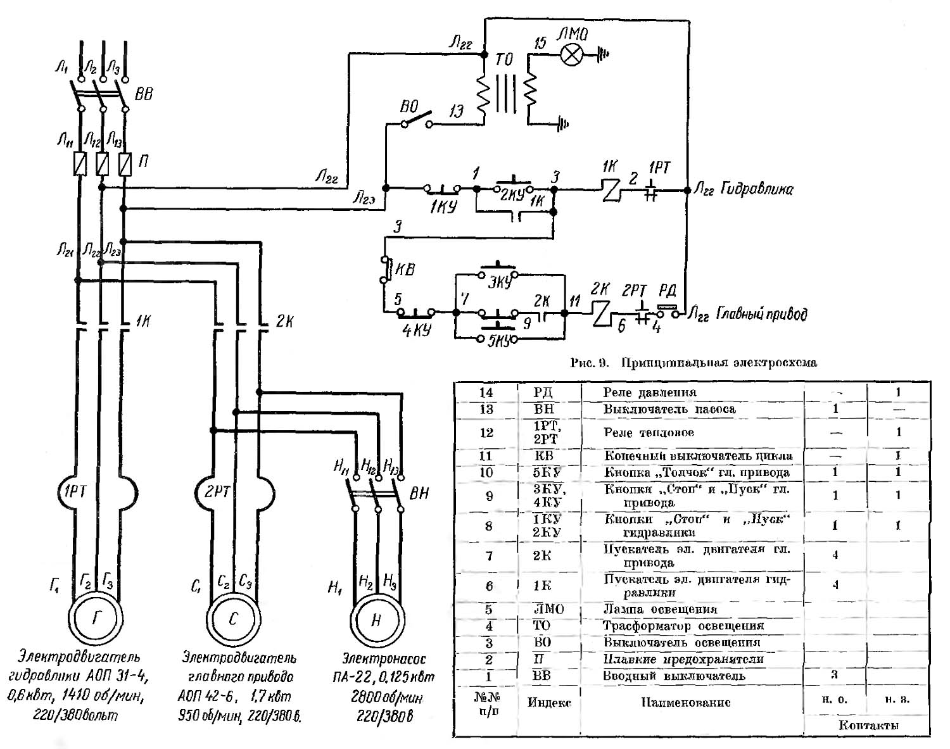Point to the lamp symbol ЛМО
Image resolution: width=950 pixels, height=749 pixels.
tap(573, 56)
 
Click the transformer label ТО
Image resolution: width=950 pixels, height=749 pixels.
tap(504, 61)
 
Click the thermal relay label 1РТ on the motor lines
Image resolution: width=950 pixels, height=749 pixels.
tap(75, 491)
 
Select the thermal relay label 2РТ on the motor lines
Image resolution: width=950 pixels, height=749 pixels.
tap(217, 491)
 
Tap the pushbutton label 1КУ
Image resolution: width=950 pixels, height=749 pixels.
tap(443, 207)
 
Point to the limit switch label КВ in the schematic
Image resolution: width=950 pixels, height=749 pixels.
tap(405, 270)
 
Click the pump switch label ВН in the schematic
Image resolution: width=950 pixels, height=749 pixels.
tap(419, 493)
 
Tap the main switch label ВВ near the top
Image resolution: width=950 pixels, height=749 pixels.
tap(144, 94)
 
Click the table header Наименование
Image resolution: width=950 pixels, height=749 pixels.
tap(686, 702)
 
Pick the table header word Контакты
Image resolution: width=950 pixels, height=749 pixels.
tap(868, 726)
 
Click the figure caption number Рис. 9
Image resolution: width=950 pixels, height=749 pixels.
tap(590, 363)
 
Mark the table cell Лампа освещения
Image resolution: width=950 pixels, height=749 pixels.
tap(659, 609)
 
